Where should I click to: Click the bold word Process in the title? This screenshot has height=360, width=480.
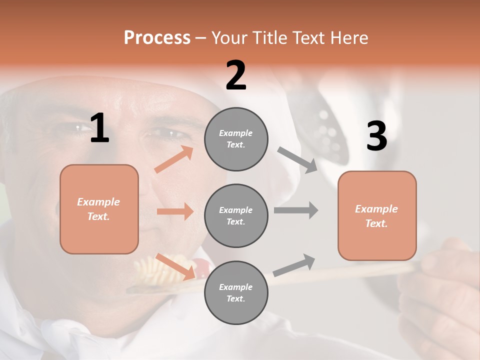[157, 37]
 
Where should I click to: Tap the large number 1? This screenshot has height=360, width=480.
[99, 128]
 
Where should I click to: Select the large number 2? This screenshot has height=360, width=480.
[236, 75]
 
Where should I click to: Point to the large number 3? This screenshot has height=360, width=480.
[376, 136]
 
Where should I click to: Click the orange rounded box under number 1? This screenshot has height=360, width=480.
[99, 209]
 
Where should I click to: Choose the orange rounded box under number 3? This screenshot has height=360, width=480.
[377, 215]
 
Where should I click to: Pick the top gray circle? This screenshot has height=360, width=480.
[236, 139]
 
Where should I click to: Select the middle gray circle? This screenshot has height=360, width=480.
[236, 215]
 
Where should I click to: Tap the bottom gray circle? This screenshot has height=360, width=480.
[236, 292]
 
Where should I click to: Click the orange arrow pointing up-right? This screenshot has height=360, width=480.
[174, 159]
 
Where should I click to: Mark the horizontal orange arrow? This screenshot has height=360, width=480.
[174, 211]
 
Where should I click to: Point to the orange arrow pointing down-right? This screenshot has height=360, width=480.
[174, 266]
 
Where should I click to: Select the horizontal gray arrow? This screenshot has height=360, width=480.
[296, 210]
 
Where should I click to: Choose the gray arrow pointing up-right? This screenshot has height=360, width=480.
[294, 265]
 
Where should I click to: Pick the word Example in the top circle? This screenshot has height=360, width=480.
[235, 133]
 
